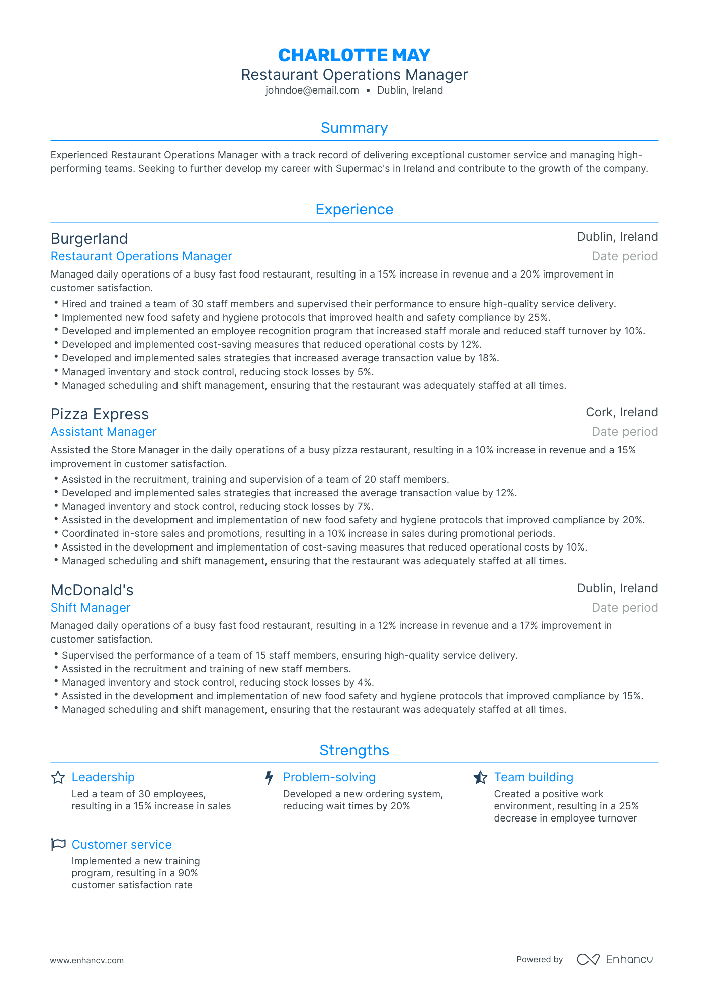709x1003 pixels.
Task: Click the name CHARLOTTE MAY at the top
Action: click(x=354, y=55)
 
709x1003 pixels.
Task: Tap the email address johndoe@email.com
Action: click(x=312, y=90)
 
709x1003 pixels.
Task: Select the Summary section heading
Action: click(x=354, y=128)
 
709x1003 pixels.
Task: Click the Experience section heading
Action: click(x=354, y=209)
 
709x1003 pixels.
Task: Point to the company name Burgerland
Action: click(x=89, y=238)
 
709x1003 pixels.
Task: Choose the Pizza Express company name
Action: click(x=100, y=414)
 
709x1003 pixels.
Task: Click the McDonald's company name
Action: click(x=92, y=590)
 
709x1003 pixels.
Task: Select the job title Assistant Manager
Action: click(x=104, y=432)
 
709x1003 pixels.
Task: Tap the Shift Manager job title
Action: click(x=91, y=608)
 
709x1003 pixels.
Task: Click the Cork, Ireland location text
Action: click(x=622, y=412)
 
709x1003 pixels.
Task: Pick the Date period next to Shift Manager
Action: click(x=625, y=608)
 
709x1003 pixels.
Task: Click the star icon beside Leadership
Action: click(x=58, y=778)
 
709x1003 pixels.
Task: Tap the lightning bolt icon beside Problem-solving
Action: click(x=269, y=778)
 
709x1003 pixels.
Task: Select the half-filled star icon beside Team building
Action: click(x=480, y=778)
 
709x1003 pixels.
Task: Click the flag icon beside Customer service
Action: click(x=58, y=845)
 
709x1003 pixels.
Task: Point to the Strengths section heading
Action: click(x=354, y=750)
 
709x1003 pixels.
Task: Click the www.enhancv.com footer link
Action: click(x=86, y=960)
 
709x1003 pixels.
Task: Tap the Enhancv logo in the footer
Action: click(x=614, y=959)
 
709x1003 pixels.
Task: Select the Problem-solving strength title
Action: click(x=329, y=777)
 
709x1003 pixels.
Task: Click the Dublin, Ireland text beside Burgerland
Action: click(x=617, y=237)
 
